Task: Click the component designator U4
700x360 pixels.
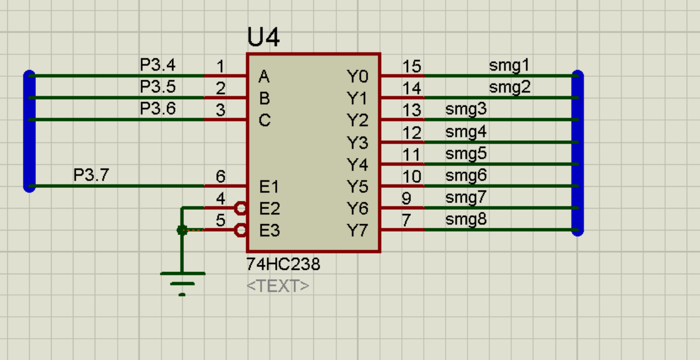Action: (263, 38)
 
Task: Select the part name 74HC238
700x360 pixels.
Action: (283, 264)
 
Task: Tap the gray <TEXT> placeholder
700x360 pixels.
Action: (277, 286)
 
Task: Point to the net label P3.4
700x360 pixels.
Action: (157, 65)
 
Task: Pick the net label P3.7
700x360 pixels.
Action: (91, 176)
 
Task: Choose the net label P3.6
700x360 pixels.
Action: (157, 109)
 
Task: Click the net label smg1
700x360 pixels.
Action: (509, 66)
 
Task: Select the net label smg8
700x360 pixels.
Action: (466, 220)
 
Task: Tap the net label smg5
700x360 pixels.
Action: (466, 154)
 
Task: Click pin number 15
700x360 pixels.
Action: (411, 66)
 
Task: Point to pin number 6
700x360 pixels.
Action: (221, 177)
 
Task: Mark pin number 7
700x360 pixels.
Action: (406, 221)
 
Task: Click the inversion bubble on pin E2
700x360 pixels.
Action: (241, 209)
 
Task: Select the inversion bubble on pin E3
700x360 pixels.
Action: (241, 230)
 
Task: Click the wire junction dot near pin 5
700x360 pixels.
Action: (182, 230)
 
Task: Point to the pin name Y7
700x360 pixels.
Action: (357, 230)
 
